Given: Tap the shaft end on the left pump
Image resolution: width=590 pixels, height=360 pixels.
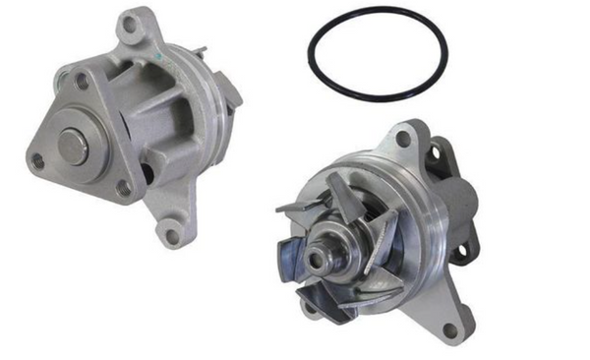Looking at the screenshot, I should tap(72, 147).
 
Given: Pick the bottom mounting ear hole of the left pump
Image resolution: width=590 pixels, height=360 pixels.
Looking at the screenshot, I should tap(173, 234).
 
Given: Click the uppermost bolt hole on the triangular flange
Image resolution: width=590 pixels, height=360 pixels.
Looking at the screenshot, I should tap(81, 84).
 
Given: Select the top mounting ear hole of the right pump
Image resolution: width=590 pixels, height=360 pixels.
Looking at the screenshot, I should tap(405, 140).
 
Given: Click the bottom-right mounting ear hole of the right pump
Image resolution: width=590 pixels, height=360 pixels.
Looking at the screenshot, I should tap(451, 330).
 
